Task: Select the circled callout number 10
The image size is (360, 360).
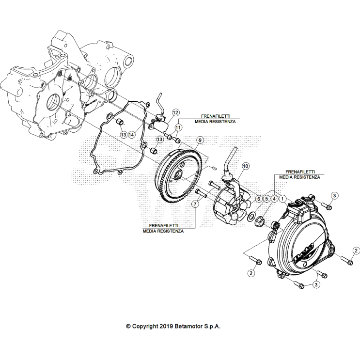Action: pyautogui.click(x=245, y=166)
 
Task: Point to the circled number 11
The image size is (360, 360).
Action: pyautogui.click(x=178, y=127)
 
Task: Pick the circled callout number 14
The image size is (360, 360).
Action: pyautogui.click(x=131, y=134)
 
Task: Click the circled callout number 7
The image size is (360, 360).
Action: pyautogui.click(x=195, y=204)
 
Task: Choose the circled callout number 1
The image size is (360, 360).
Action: pyautogui.click(x=282, y=199)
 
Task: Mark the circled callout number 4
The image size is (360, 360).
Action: pyautogui.click(x=274, y=199)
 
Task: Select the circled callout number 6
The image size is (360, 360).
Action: pyautogui.click(x=259, y=199)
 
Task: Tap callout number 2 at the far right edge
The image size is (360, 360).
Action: pyautogui.click(x=356, y=250)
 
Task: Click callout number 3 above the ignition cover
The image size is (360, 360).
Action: pyautogui.click(x=334, y=195)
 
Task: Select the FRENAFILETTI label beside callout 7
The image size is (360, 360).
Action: pyautogui.click(x=163, y=226)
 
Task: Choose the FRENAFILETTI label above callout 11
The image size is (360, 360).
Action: pyautogui.click(x=216, y=117)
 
